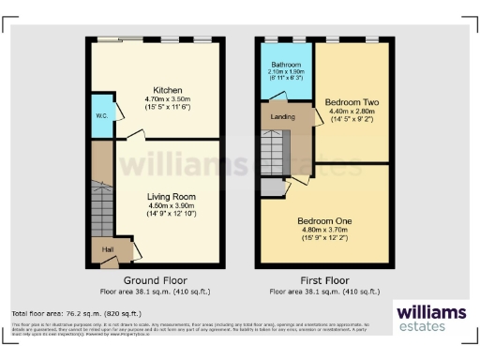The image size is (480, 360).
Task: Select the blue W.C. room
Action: click(100, 116)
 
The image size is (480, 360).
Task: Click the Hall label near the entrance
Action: click(108, 248)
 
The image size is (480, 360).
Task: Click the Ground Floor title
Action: click(156, 280)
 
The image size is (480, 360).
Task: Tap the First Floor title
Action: click(322, 280)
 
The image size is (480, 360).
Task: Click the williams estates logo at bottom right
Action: click(428, 318)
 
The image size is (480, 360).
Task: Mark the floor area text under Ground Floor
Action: click(156, 291)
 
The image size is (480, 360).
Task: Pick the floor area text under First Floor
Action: click(322, 291)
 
